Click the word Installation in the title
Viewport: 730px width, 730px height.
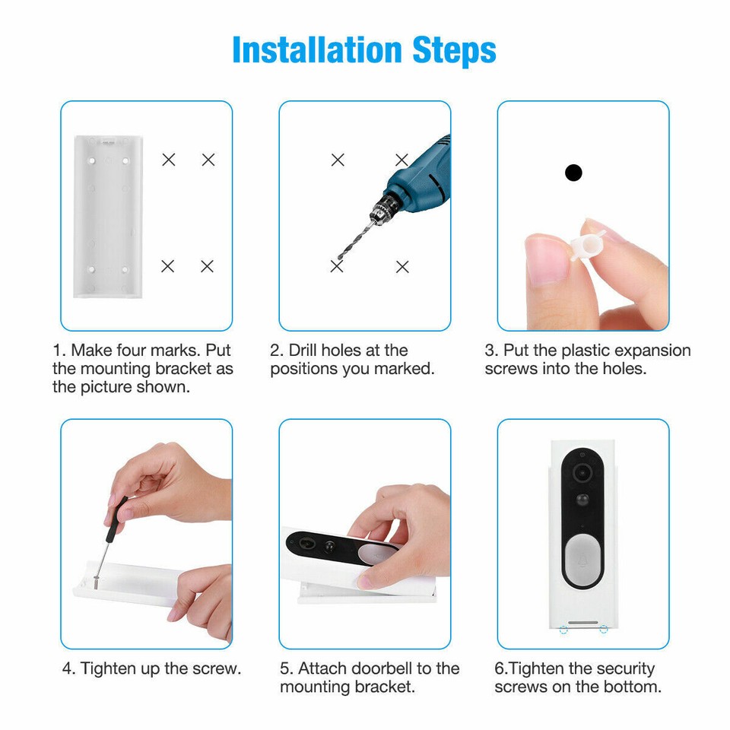coord(318,50)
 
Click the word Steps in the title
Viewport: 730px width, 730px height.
coord(454,50)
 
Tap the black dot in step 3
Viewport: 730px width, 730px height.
coord(573,173)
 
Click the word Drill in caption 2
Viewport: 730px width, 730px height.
coord(303,351)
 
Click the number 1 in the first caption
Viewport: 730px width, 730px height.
coord(57,351)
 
